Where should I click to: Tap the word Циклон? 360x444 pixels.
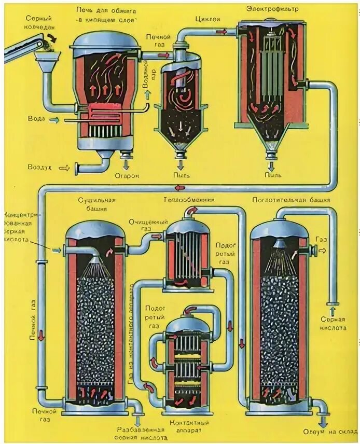coord(207,19)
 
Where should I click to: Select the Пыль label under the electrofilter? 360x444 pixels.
coord(271,176)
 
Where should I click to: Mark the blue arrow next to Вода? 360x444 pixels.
coord(54,120)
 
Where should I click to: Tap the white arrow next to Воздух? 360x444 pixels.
coord(65,168)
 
